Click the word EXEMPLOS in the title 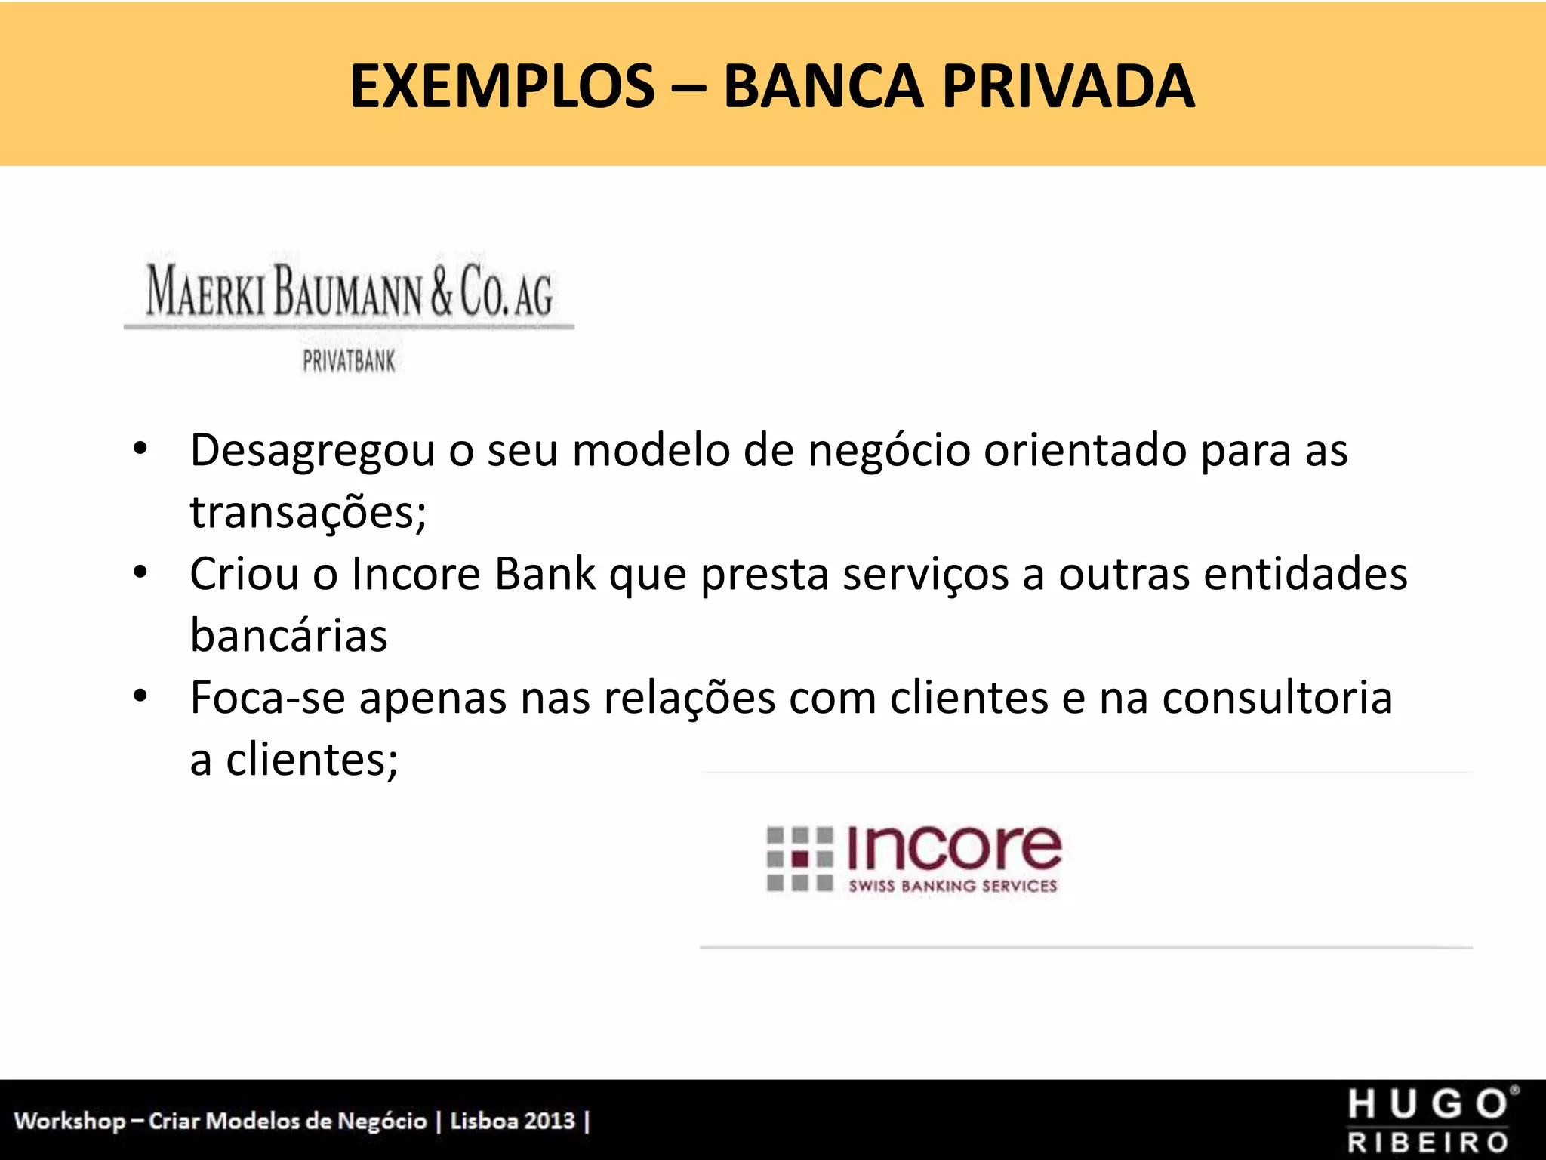(502, 87)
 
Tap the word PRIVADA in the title (1068, 87)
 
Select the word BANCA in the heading (823, 87)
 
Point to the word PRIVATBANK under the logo (349, 362)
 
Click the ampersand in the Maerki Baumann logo (442, 291)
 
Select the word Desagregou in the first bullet (313, 452)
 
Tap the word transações (308, 513)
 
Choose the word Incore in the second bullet (416, 575)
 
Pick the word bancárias (288, 636)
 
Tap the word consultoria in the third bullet (1277, 698)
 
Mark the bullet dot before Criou (140, 573)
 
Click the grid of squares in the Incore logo (799, 859)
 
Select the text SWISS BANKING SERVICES (953, 887)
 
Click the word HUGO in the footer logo (1428, 1105)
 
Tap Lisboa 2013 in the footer (513, 1121)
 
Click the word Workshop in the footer (69, 1121)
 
